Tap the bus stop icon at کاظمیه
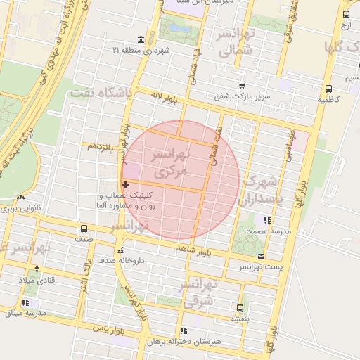328,89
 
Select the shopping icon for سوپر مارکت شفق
242,86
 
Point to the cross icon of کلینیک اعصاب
125,184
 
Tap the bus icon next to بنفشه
240,307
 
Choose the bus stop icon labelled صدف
84,229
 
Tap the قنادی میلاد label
31,281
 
